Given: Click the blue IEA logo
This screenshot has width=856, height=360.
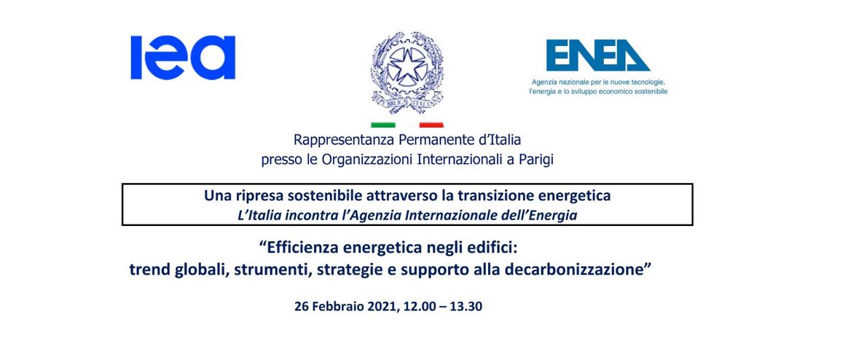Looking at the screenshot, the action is pyautogui.click(x=183, y=58).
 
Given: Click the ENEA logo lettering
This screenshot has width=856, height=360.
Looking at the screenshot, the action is pyautogui.click(x=598, y=55).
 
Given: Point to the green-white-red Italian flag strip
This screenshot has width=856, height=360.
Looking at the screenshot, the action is pyautogui.click(x=407, y=125).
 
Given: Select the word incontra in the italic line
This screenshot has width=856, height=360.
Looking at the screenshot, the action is pyautogui.click(x=290, y=216).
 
